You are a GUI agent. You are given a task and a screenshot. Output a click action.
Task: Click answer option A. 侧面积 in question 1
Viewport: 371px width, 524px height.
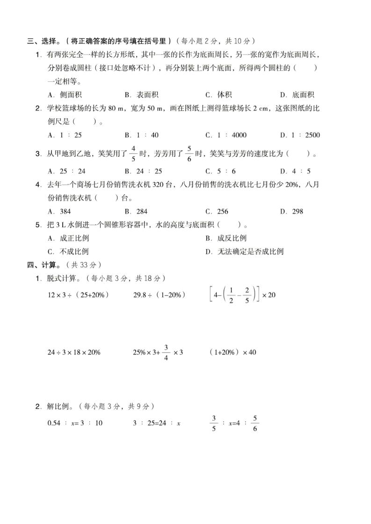tap(65, 95)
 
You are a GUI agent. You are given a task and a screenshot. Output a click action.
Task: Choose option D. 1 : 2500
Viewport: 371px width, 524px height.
tap(300, 135)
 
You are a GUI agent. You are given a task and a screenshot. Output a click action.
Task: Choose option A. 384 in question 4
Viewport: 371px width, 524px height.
tap(59, 212)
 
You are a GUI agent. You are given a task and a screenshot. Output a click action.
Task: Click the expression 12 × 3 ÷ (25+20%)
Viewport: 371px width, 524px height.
tap(79, 295)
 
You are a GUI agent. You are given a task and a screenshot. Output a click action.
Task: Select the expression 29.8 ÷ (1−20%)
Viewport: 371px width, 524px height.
tap(160, 295)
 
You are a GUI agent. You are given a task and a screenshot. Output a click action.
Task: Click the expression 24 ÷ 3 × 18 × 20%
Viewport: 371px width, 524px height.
tap(74, 353)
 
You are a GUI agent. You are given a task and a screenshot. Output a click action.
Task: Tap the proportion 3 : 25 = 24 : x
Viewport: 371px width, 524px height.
tap(157, 423)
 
